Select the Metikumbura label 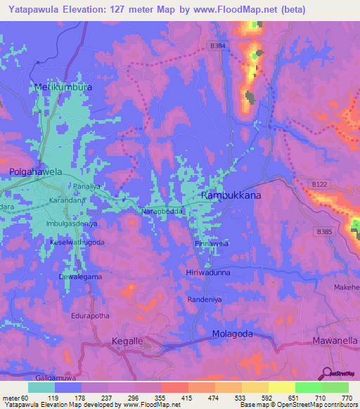(64, 88)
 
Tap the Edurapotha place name (89, 316)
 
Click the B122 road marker (320, 184)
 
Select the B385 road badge (324, 231)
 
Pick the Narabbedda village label (163, 211)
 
